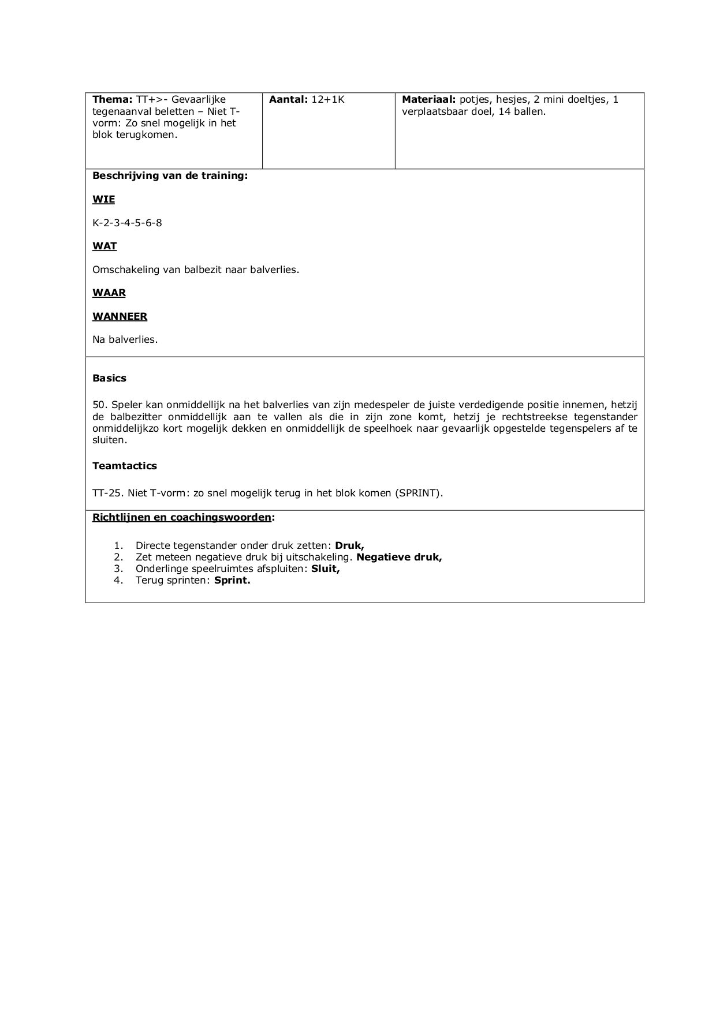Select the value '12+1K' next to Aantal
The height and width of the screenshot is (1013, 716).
tap(327, 99)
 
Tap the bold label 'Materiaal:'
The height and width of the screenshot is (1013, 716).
tap(429, 99)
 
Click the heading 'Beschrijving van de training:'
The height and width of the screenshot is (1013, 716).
tap(170, 175)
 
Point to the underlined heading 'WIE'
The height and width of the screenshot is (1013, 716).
tap(103, 199)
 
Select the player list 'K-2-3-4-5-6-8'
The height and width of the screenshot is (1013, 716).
tap(127, 223)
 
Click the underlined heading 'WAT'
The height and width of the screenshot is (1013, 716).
tap(105, 246)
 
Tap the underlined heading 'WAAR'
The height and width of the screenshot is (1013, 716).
tap(109, 293)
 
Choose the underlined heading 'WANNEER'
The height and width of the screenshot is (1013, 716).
tap(120, 316)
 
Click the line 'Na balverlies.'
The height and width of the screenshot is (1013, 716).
tap(125, 339)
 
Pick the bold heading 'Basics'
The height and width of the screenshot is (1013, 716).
tap(109, 378)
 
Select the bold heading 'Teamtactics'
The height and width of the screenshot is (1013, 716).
tap(124, 466)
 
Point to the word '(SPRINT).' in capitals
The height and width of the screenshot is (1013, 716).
tap(419, 493)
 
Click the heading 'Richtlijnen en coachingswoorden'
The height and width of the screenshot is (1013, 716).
tap(181, 517)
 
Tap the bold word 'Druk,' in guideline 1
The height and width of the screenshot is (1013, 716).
tap(349, 545)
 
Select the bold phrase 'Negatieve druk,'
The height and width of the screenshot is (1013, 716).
tap(399, 557)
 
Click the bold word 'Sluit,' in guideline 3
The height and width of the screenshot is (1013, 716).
tap(325, 569)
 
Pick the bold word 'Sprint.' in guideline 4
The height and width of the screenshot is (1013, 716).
tap(232, 580)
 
